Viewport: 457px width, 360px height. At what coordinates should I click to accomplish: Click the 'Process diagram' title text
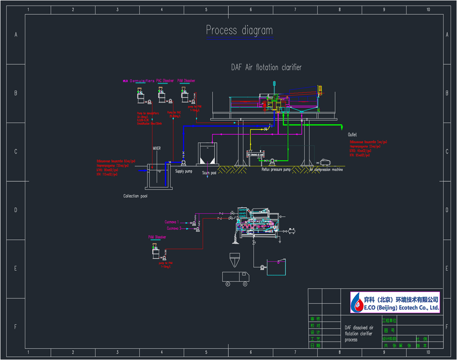tap(239, 31)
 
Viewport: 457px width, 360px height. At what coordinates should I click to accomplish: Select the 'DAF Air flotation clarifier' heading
tap(266, 67)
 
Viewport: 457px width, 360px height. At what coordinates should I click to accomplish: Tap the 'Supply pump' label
tap(183, 172)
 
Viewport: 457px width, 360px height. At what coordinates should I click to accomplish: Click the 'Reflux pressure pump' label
tap(276, 170)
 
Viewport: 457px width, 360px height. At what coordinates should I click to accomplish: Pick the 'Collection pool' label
tap(135, 196)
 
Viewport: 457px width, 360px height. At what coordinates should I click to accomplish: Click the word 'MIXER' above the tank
tap(157, 148)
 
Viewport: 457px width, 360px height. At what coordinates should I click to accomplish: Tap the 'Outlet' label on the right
tap(353, 134)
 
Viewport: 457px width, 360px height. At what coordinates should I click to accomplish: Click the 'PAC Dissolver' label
tap(165, 80)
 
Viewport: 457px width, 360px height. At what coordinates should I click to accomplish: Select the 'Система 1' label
tap(172, 222)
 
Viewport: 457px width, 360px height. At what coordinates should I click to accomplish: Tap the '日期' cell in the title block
tap(316, 345)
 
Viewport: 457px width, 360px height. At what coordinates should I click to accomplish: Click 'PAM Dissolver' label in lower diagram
tap(157, 238)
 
